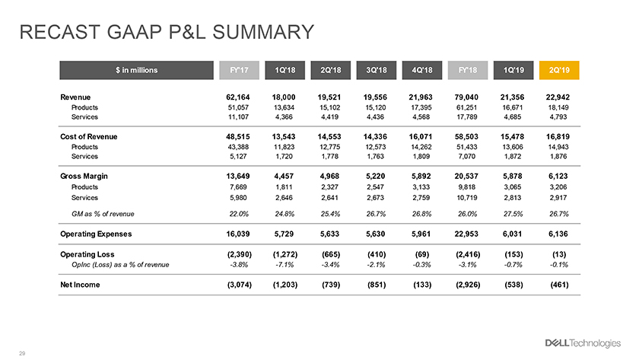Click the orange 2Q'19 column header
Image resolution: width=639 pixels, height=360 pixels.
(x=558, y=70)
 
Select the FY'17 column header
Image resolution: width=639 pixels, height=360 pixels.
(x=239, y=70)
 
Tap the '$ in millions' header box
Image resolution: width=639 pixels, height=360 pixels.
(x=136, y=70)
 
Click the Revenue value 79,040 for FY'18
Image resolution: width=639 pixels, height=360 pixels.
(x=466, y=97)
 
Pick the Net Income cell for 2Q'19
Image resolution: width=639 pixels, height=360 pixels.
(x=559, y=285)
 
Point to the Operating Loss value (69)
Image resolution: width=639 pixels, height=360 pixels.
(x=421, y=254)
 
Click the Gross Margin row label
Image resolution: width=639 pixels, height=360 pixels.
(x=84, y=176)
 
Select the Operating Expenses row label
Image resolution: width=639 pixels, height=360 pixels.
(x=96, y=234)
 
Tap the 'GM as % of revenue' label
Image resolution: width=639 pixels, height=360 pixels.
(x=103, y=214)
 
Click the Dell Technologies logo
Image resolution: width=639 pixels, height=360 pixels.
(x=583, y=343)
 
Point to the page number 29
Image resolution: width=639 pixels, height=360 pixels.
(x=22, y=353)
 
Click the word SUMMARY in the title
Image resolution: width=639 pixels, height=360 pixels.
(x=263, y=32)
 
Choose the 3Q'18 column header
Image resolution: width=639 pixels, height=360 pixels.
(x=376, y=70)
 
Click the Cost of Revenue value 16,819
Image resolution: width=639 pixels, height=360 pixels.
(x=558, y=136)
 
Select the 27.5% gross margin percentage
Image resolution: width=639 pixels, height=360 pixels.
(x=513, y=214)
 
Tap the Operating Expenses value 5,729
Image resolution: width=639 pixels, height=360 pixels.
(x=285, y=234)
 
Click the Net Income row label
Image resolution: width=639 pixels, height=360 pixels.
(x=80, y=285)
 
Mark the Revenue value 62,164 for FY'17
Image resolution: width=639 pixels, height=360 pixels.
(x=238, y=97)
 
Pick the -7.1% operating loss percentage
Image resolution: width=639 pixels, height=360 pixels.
(x=285, y=265)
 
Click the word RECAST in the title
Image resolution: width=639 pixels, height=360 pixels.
(x=60, y=32)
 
